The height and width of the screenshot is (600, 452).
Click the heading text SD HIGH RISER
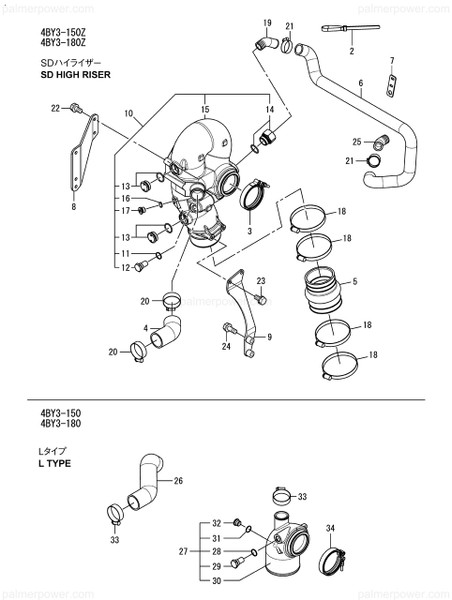click(75, 75)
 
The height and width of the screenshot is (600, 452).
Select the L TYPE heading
click(55, 464)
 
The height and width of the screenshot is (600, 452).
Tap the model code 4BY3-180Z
click(63, 43)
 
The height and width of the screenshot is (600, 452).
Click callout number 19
click(268, 22)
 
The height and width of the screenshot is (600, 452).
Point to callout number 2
click(351, 50)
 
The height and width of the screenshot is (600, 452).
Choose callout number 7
click(392, 61)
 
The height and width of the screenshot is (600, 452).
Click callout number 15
click(204, 108)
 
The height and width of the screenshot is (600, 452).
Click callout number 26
click(178, 480)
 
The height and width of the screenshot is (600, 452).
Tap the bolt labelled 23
click(260, 299)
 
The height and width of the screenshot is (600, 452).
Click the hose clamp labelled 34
click(335, 558)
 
